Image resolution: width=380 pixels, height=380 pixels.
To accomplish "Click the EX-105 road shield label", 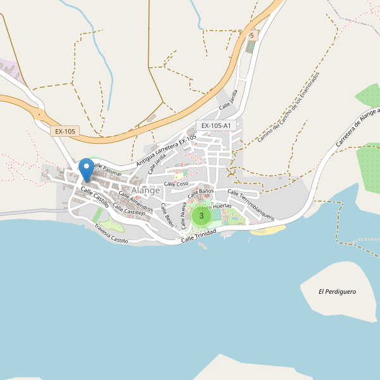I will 65,132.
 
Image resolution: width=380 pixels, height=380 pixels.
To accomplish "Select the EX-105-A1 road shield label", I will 215,125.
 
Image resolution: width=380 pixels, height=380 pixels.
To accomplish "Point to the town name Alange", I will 146,190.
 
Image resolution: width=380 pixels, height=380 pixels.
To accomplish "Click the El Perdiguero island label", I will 337,292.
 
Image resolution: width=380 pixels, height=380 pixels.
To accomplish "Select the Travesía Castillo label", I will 111,234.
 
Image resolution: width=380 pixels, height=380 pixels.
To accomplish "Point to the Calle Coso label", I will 177,184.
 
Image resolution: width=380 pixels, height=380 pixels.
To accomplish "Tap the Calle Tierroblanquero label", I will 250,205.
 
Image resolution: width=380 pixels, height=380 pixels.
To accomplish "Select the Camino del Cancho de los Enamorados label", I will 289,106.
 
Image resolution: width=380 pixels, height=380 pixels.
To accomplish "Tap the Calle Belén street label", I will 167,215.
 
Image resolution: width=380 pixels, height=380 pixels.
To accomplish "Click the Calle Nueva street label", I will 184,215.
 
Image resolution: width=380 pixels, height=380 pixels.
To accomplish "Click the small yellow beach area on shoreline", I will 263,231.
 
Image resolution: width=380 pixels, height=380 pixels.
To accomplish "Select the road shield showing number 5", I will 251,35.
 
